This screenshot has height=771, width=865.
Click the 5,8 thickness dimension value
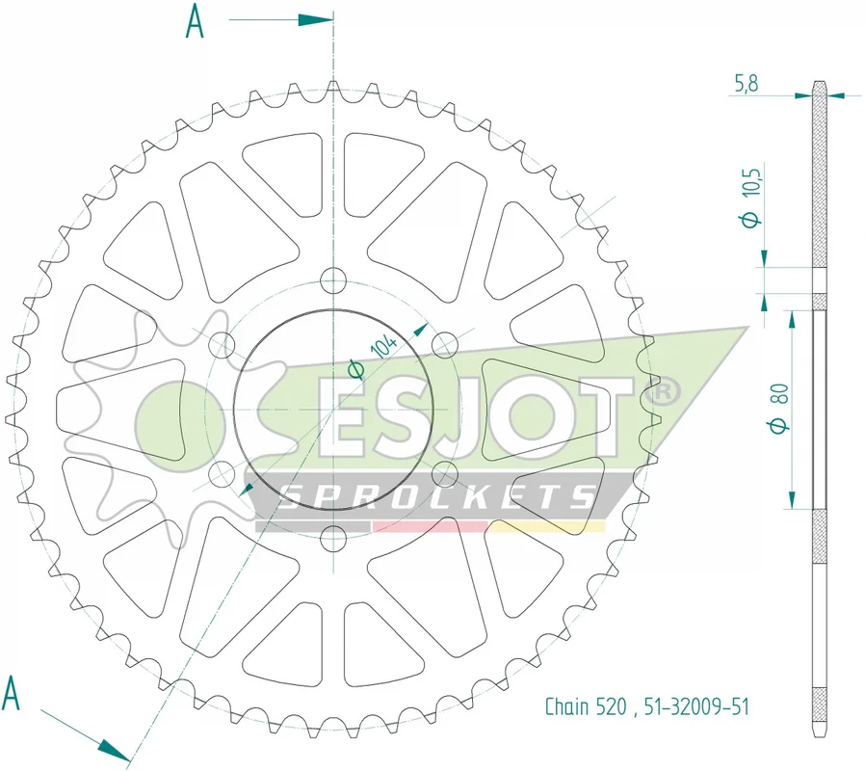747,83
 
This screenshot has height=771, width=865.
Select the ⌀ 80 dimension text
780,408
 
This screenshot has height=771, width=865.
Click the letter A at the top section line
195,21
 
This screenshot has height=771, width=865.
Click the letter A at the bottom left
11,693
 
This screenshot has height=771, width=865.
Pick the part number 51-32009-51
696,706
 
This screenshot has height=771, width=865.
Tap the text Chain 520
586,706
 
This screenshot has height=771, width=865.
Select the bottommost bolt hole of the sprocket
333,539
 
